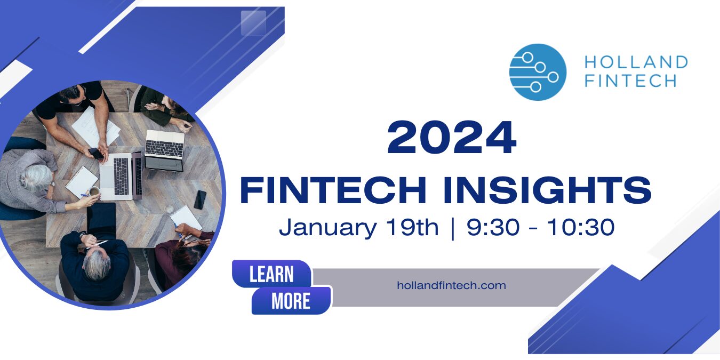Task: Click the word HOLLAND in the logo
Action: (636, 62)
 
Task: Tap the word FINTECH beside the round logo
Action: (630, 81)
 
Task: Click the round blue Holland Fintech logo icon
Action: (538, 72)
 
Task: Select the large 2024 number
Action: (452, 138)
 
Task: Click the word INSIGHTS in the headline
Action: (547, 190)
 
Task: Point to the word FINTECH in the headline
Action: (333, 190)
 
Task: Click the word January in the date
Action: (327, 228)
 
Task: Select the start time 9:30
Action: (493, 227)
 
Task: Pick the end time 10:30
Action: (581, 227)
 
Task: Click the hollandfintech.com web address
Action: (451, 285)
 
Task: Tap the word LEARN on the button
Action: (271, 275)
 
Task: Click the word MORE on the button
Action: (291, 301)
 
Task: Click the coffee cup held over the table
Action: (94, 191)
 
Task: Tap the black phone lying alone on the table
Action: (200, 199)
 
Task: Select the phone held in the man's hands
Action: (97, 153)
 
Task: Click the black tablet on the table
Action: (101, 221)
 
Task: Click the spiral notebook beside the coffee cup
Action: (82, 182)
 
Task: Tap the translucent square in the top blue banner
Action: (254, 23)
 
